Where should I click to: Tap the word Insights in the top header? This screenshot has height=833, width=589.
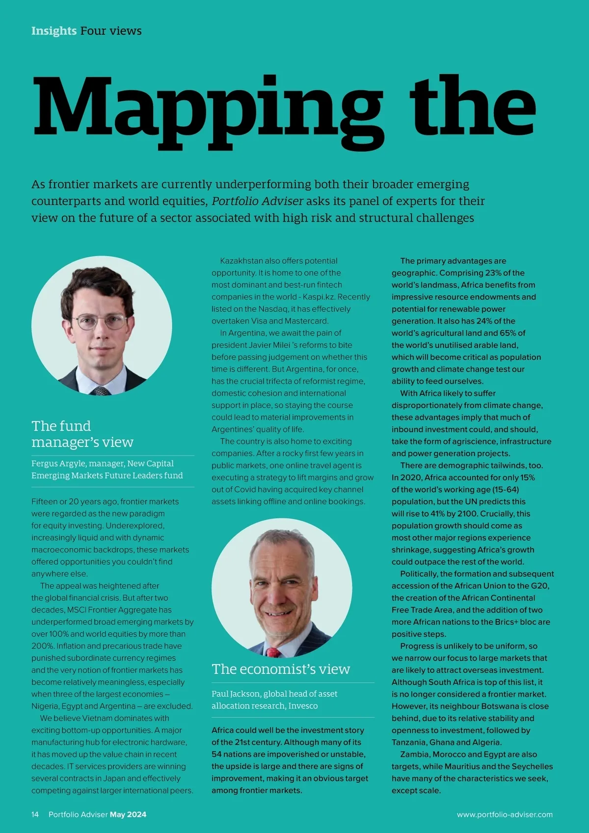pyautogui.click(x=54, y=31)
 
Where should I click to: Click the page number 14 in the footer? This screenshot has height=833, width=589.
pyautogui.click(x=35, y=814)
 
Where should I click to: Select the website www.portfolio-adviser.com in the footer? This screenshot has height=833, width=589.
pyautogui.click(x=505, y=814)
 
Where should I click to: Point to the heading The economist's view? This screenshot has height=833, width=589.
pyautogui.click(x=281, y=669)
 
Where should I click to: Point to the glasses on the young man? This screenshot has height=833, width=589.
pyautogui.click(x=101, y=322)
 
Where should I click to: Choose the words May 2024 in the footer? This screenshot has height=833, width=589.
pyautogui.click(x=128, y=814)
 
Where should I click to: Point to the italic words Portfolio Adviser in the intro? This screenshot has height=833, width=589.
pyautogui.click(x=257, y=201)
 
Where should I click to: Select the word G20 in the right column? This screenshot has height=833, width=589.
pyautogui.click(x=540, y=585)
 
